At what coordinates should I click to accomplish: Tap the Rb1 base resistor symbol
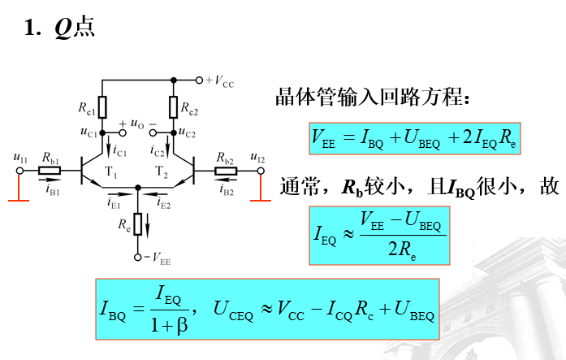(x=50, y=171)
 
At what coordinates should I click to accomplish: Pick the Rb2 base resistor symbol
(x=226, y=171)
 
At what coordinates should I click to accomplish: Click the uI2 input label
(x=257, y=157)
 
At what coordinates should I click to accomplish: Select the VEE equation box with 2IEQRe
(x=414, y=138)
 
